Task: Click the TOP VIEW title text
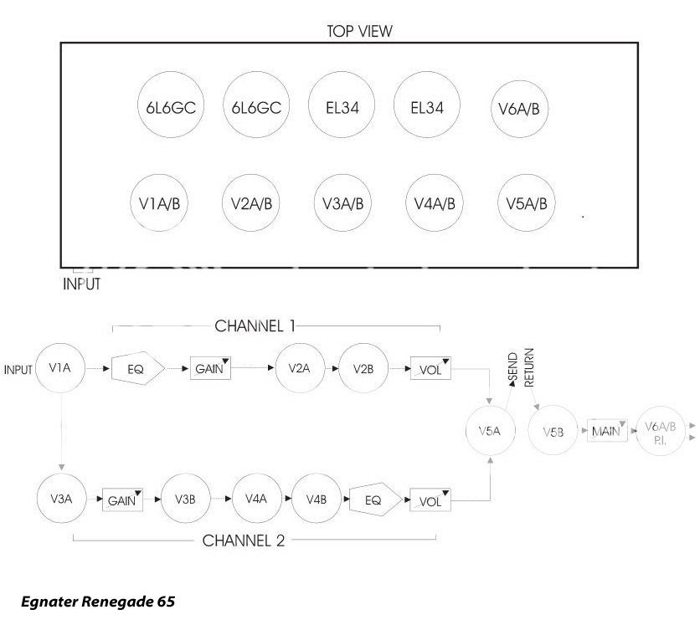pos(359,31)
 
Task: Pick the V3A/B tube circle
pos(342,203)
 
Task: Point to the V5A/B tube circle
pos(526,203)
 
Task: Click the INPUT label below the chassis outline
pos(81,284)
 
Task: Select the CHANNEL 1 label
pos(255,325)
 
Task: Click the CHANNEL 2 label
pos(244,540)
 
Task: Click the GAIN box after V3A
pos(123,500)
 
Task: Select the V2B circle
pos(363,368)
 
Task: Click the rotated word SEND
pos(512,368)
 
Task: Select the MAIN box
pos(606,432)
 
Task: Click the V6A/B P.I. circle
pos(660,432)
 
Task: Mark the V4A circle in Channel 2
pos(255,499)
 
